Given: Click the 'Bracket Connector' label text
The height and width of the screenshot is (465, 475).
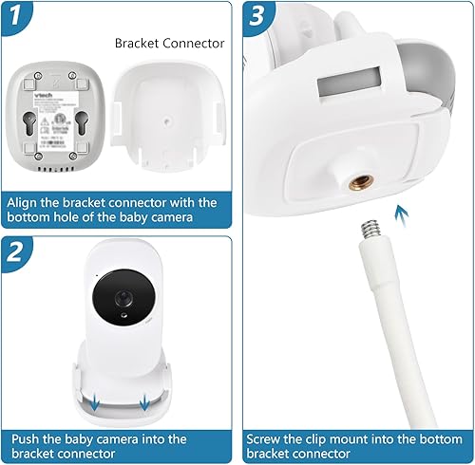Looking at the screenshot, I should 169,44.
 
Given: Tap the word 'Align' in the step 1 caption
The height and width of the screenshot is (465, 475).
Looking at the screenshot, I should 28,202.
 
